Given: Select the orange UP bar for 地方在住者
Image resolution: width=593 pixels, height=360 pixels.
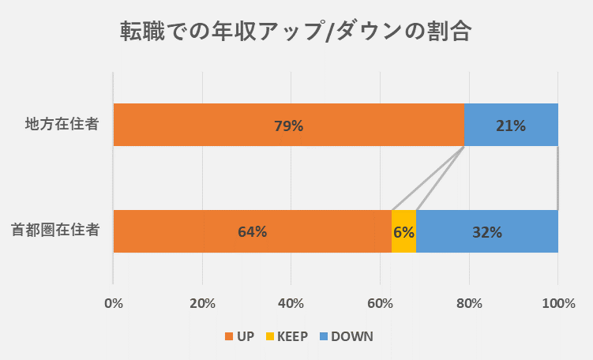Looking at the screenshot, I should [x=197, y=125].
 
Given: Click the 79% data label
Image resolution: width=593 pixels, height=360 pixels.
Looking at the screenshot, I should [x=288, y=126].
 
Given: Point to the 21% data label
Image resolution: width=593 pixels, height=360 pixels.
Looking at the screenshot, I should [x=510, y=126].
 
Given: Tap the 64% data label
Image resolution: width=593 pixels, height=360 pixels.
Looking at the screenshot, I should [x=252, y=232].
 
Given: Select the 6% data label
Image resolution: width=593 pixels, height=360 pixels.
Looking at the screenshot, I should [x=403, y=232].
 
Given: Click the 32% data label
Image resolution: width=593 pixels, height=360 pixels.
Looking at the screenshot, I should [x=487, y=232].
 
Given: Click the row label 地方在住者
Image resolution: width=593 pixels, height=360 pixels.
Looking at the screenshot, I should [x=61, y=125].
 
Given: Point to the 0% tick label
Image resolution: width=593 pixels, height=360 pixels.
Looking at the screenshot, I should [x=114, y=303].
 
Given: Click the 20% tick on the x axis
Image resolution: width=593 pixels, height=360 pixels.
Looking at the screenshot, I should [x=203, y=303].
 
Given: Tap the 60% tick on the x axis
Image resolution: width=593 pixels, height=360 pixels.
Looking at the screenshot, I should [x=381, y=303].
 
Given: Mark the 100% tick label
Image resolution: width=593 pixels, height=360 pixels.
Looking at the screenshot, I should [x=558, y=303].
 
